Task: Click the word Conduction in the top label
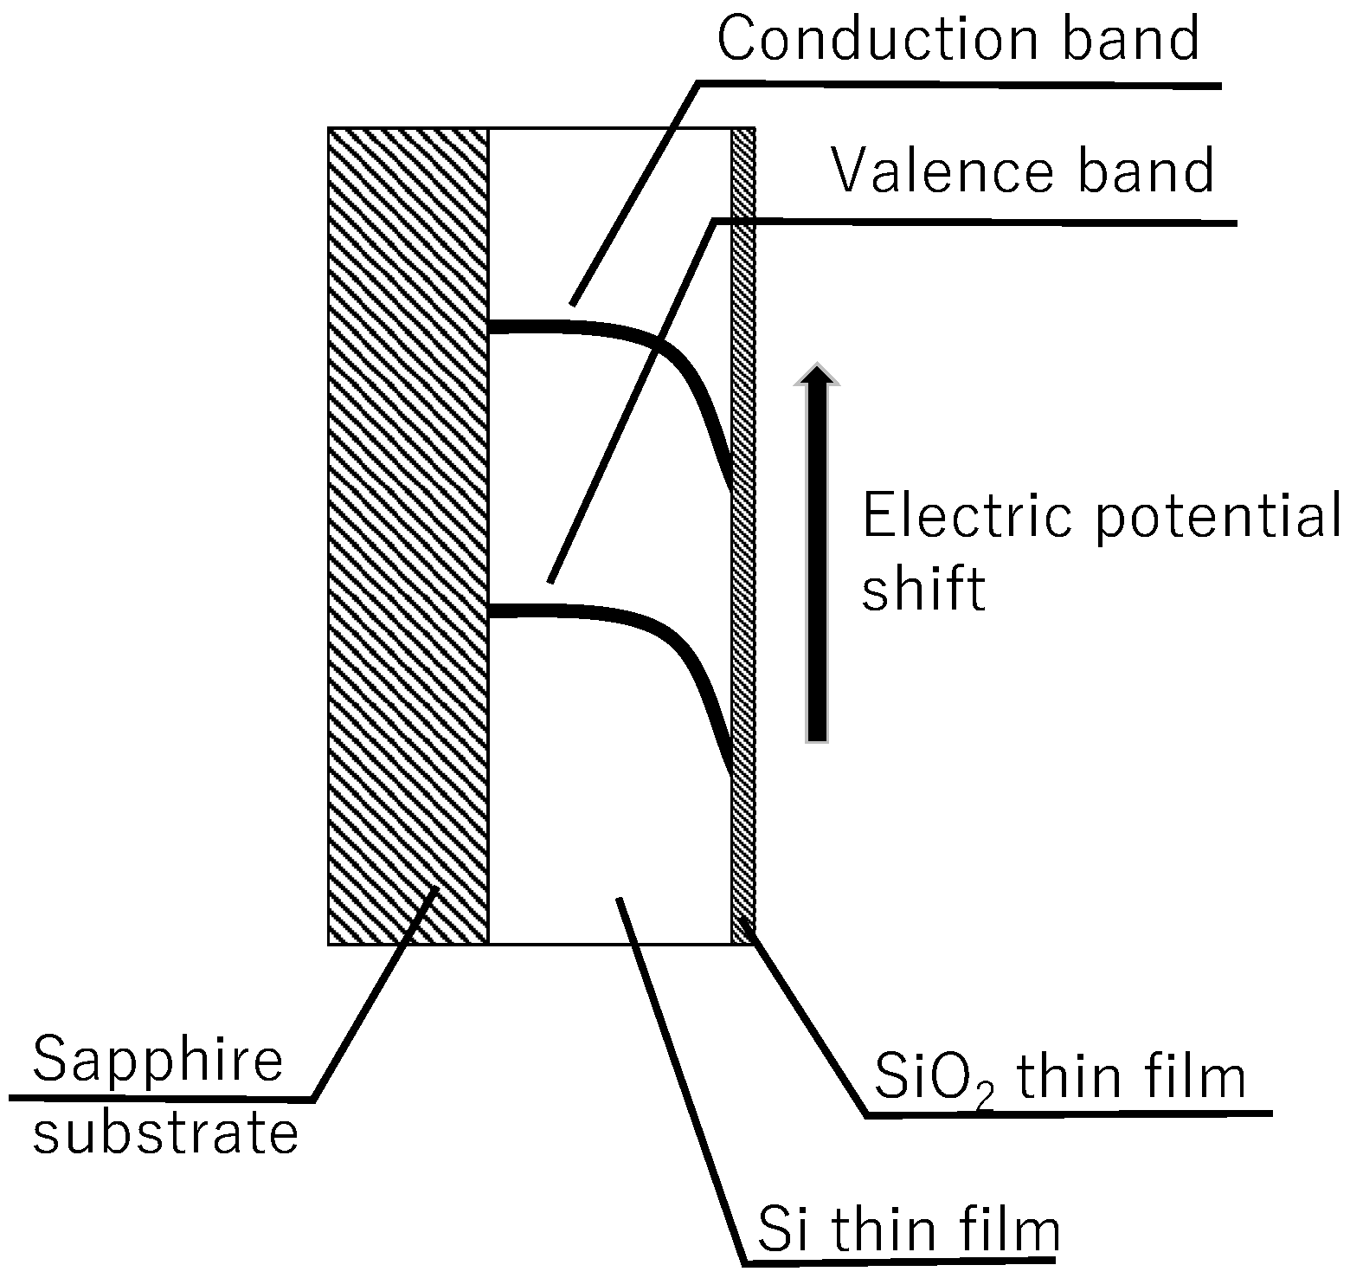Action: pos(877,39)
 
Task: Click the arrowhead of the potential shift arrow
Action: pos(816,374)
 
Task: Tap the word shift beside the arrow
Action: pos(923,589)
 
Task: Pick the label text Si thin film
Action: pos(908,1230)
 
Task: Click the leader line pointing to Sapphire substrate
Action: pos(372,996)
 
